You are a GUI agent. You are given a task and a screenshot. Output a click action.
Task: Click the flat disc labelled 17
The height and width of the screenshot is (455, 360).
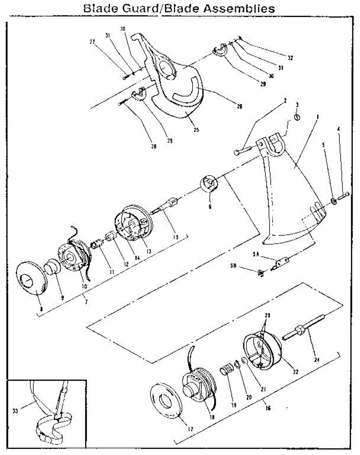[x=166, y=402]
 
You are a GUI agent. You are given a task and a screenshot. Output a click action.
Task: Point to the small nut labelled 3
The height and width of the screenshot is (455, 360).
[x=297, y=118]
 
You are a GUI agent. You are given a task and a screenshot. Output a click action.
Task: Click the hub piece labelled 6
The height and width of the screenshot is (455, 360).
[x=209, y=184]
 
